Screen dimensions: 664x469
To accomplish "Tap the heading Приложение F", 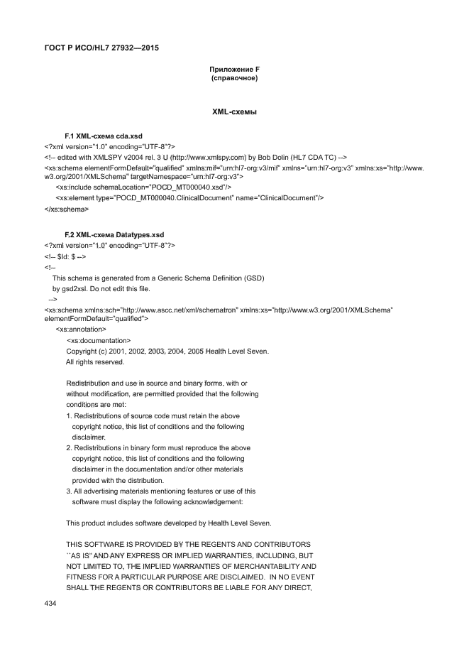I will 234,69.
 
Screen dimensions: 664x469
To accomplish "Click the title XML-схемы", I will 234,112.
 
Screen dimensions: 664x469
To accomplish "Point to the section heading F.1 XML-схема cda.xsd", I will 104,135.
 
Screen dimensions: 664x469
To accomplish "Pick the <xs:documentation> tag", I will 98,340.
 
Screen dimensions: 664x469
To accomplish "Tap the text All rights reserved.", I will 95,361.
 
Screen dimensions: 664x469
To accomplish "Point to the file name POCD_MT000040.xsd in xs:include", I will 187,187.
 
